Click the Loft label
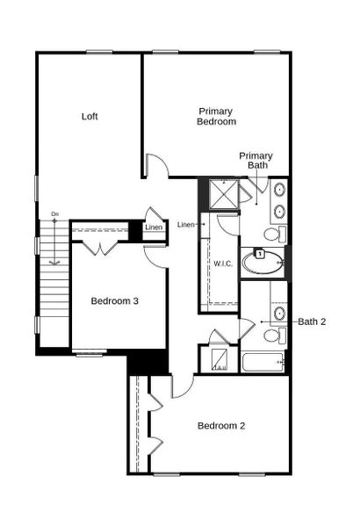point(89,116)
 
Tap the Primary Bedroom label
point(216,117)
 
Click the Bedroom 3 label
point(115,301)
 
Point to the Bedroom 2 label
point(220,426)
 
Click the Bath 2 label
point(312,321)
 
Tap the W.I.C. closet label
point(221,263)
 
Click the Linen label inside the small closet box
point(154,228)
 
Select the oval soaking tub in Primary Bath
point(263,261)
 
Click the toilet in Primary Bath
point(274,234)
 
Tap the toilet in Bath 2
point(273,335)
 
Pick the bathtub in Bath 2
point(263,362)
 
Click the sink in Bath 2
point(279,313)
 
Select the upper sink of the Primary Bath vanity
point(279,189)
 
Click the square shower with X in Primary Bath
point(225,193)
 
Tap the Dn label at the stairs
point(54,214)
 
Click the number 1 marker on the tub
point(260,254)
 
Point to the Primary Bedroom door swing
point(155,166)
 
